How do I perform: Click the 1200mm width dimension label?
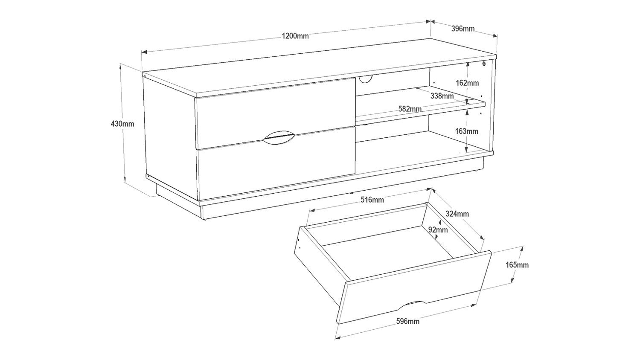295,36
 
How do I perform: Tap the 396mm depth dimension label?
463,29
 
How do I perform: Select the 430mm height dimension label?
122,124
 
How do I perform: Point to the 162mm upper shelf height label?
467,83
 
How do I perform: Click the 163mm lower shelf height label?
467,131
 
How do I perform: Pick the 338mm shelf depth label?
442,96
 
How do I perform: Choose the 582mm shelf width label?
410,109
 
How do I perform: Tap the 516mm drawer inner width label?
372,200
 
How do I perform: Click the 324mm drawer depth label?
457,214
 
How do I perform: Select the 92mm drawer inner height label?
438,230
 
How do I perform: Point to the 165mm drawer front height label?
517,265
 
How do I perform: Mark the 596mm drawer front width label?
408,322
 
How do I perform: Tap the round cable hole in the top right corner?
484,64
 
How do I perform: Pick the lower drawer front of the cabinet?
276,163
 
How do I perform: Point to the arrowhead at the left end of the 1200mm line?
144,52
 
